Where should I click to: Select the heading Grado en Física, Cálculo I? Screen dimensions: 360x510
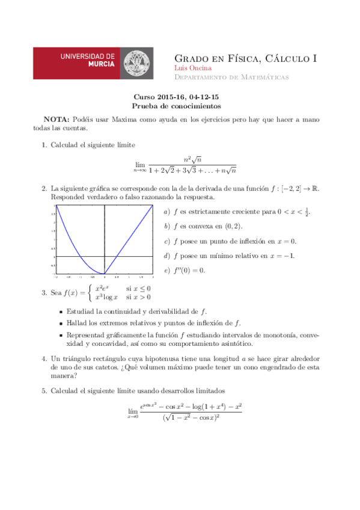tap(245, 58)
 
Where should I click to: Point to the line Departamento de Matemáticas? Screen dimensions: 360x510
tap(231, 78)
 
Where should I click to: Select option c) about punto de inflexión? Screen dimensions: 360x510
tap(230, 241)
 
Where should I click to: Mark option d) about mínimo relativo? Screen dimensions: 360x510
tap(229, 256)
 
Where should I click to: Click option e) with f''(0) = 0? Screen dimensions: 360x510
tap(185, 270)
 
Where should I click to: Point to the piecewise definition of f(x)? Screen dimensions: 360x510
tap(120, 292)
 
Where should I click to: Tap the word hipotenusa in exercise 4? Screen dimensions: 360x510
tap(160, 358)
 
